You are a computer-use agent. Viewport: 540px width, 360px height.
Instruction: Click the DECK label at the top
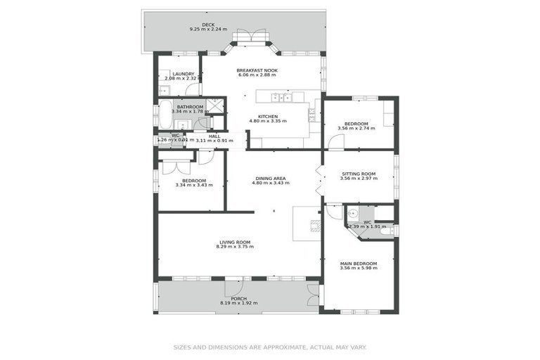pos(207,25)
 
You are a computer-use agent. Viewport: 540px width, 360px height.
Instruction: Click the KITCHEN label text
pos(268,116)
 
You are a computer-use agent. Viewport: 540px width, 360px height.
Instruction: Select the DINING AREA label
pos(271,178)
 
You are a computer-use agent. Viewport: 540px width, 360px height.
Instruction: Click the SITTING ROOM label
pos(359,174)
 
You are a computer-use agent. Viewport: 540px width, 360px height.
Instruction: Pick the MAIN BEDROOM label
pos(359,264)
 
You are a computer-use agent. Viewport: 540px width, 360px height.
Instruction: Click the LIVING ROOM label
pos(235,243)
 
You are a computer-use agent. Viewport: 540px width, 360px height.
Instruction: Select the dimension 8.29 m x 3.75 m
pos(235,247)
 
